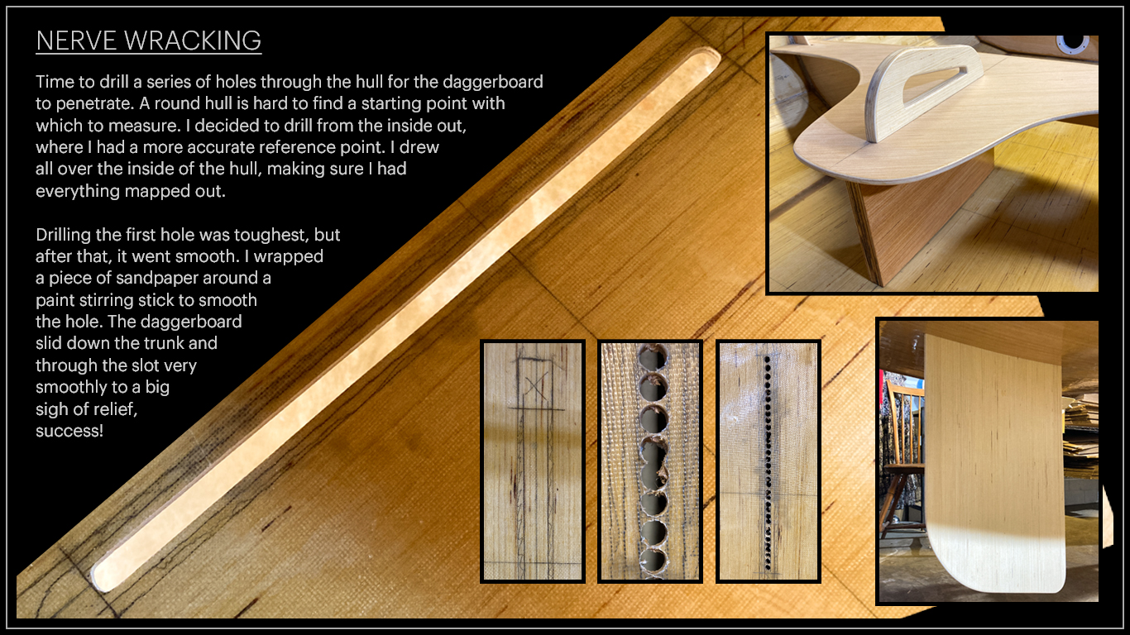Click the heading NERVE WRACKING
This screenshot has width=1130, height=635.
point(149,41)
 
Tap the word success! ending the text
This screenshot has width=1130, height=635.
point(69,431)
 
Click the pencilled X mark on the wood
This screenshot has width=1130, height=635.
point(536,385)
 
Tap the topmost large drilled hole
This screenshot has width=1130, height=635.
point(652,357)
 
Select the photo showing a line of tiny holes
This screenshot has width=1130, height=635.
point(768,461)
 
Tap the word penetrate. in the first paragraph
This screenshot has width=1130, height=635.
point(94,104)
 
